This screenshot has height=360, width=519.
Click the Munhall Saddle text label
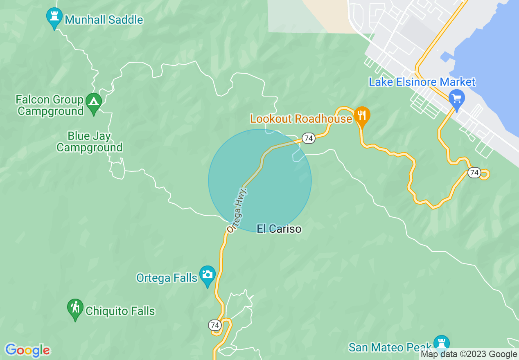(x=104, y=20)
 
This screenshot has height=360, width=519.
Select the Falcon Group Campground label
(x=50, y=105)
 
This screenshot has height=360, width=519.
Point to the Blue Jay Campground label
(x=90, y=142)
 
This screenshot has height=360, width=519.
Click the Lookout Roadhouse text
(x=301, y=119)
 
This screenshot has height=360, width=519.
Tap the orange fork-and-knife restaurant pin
(x=361, y=115)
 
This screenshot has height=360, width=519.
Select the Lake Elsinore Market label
(x=422, y=82)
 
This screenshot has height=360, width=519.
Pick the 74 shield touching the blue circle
(x=309, y=138)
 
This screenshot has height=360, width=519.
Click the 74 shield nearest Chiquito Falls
(x=214, y=325)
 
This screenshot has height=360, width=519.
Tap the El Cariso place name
(x=279, y=229)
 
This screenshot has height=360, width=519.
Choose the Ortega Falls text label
(x=167, y=278)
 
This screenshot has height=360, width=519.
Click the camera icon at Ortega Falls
(x=208, y=274)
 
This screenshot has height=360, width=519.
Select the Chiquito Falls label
(x=120, y=311)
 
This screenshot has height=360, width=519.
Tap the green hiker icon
(x=75, y=307)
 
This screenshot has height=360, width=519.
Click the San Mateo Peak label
(x=390, y=347)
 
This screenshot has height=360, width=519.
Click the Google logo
(x=27, y=350)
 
